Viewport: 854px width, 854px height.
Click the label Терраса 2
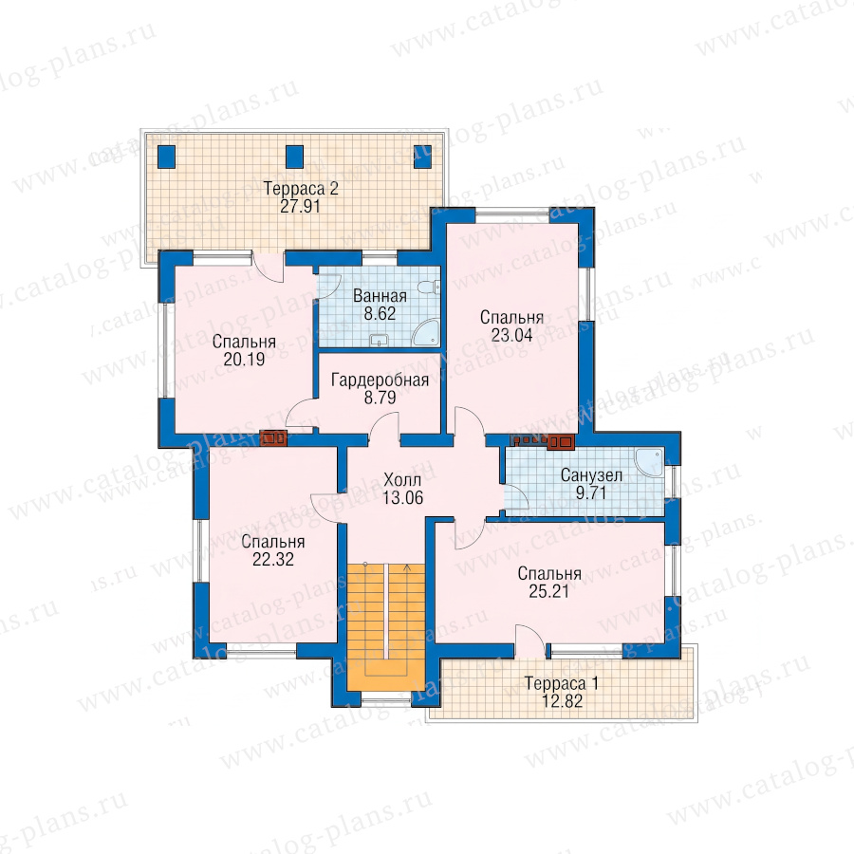(x=301, y=189)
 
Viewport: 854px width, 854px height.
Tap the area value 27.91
(x=300, y=207)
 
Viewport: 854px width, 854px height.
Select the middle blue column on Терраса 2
(x=295, y=157)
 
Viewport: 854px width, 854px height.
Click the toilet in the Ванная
(x=434, y=286)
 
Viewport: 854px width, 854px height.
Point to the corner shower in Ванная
(x=426, y=333)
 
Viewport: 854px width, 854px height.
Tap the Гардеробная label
(x=381, y=380)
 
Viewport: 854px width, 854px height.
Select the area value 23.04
(x=512, y=335)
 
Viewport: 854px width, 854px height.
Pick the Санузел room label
(x=591, y=475)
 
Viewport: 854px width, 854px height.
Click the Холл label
(x=402, y=480)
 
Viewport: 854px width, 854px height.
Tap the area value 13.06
(x=403, y=497)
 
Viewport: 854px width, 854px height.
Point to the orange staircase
(x=386, y=626)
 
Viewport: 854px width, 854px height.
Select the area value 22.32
(x=273, y=559)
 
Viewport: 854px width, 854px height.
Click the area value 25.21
(x=549, y=591)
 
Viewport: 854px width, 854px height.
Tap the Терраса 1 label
(x=562, y=683)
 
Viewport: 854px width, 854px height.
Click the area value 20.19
(x=244, y=359)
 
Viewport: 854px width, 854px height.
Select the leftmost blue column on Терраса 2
(x=167, y=157)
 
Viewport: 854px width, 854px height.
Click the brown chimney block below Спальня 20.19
(x=274, y=438)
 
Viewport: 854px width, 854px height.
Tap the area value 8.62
(x=380, y=313)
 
